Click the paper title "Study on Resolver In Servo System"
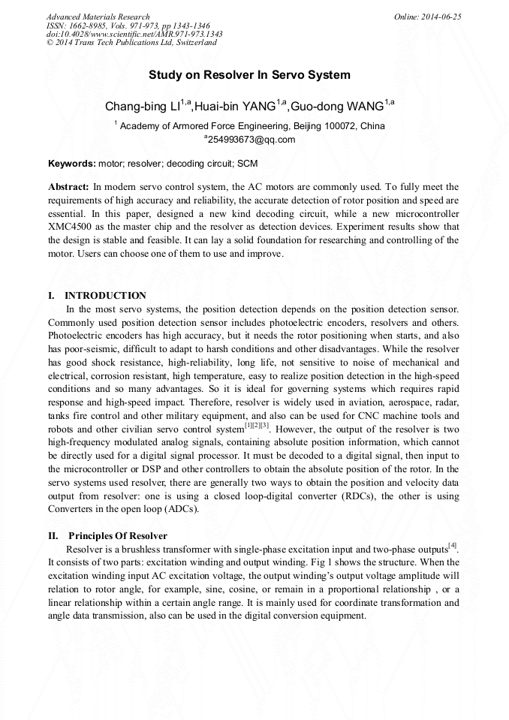(249, 75)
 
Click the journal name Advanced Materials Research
(98, 17)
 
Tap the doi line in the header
(134, 34)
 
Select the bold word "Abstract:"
(69, 186)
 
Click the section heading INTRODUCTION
(105, 296)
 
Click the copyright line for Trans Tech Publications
(131, 43)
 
